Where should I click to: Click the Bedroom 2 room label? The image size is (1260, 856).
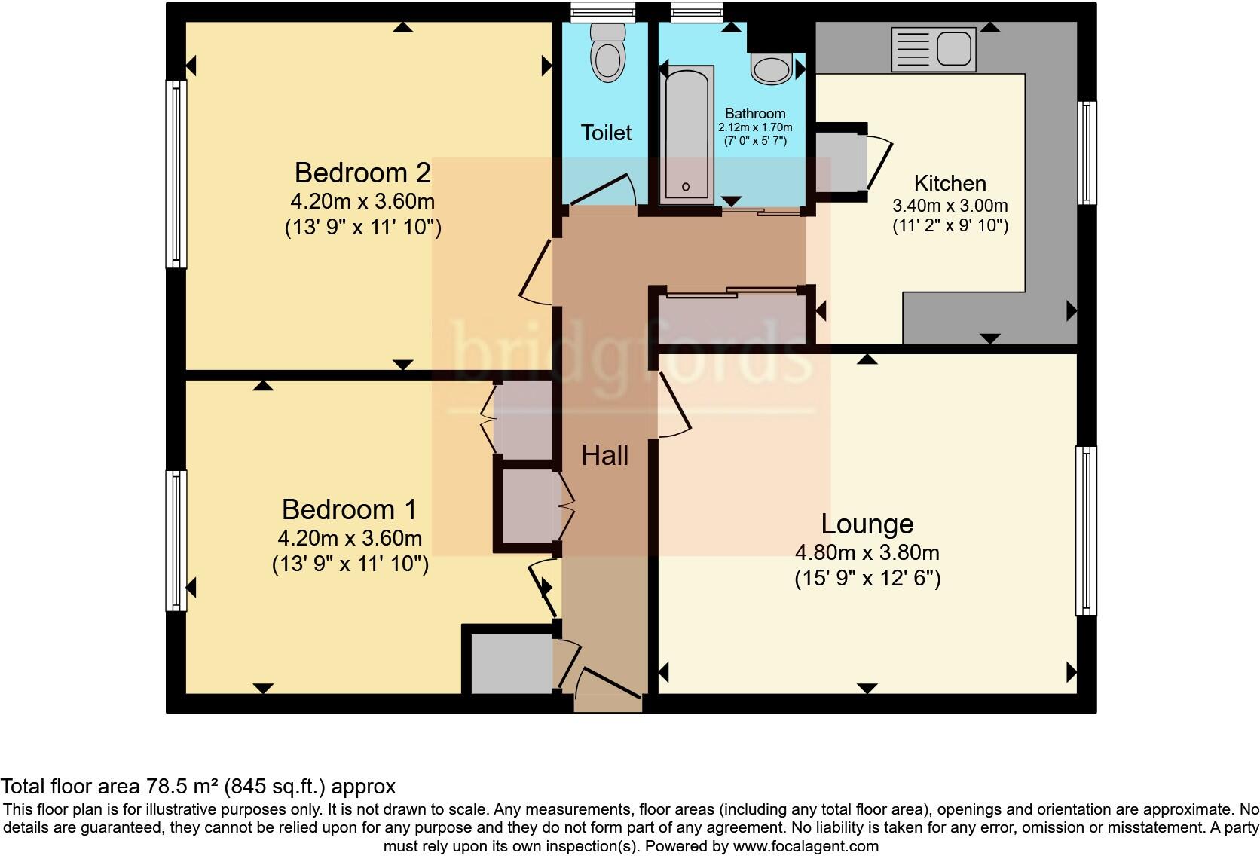tap(362, 173)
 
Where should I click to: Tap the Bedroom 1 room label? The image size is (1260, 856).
tap(350, 509)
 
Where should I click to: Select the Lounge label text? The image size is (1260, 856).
tap(867, 524)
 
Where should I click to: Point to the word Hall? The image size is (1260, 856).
tap(604, 456)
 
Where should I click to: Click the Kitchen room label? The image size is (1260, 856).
tap(950, 183)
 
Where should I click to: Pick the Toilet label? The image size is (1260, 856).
tap(606, 133)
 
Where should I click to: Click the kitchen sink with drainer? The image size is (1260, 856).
tap(933, 50)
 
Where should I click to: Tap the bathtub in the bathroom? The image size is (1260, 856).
tap(687, 135)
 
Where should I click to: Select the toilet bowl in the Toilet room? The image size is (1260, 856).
tap(607, 52)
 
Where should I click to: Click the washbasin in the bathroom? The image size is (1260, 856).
tap(772, 69)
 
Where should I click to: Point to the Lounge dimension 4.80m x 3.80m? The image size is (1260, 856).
tap(867, 553)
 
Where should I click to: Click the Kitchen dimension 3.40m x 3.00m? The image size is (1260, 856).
tap(950, 206)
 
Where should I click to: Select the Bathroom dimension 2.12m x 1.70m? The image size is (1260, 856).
tap(755, 127)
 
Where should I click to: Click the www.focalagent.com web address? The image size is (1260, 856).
tap(806, 846)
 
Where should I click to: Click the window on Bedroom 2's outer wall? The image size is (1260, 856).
tap(176, 174)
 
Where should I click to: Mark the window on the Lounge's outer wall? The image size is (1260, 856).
tap(1086, 530)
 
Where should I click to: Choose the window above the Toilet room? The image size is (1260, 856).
tap(602, 12)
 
